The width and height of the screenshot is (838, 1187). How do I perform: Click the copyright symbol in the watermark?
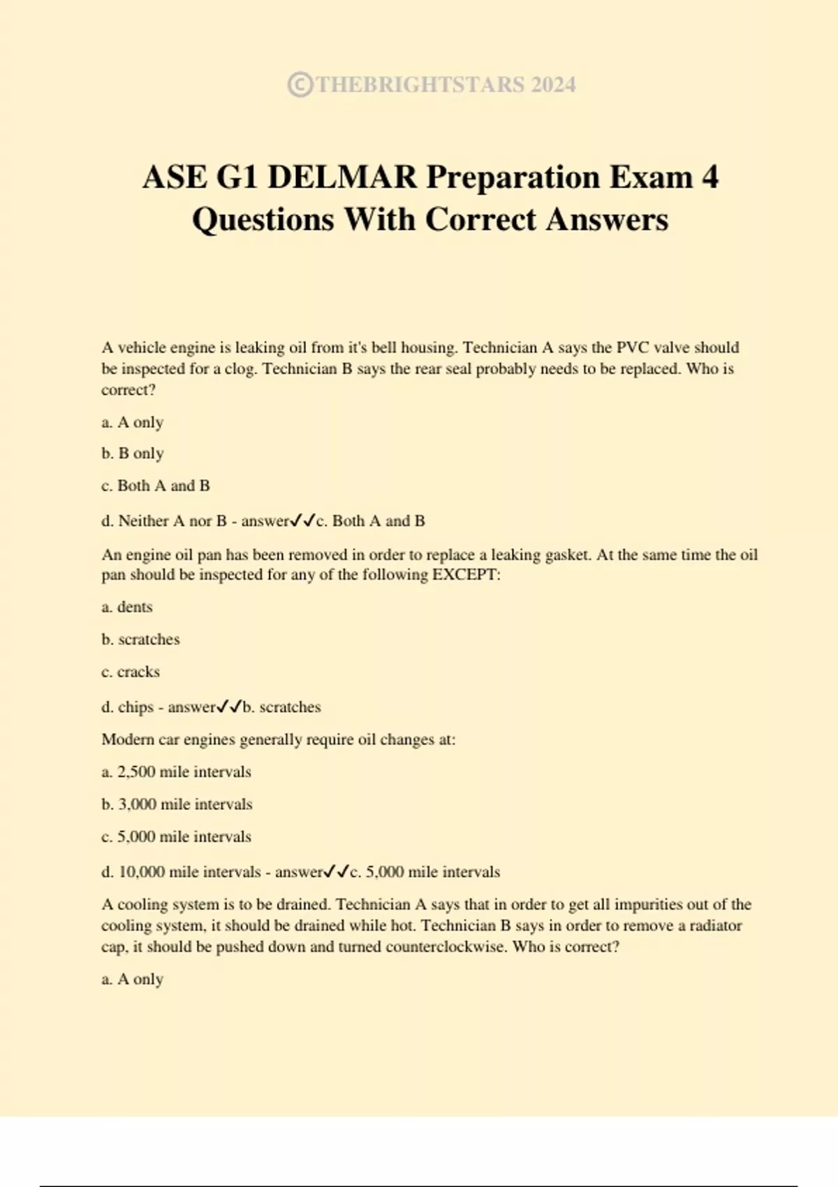pos(300,84)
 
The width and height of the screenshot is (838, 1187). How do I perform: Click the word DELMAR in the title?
pos(342,177)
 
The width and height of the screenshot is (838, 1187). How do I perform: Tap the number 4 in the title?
pos(710,177)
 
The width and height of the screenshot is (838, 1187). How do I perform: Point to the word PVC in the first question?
pos(632,348)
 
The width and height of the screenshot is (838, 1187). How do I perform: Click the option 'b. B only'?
pos(133,454)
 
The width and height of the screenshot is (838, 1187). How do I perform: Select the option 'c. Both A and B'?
pos(156,486)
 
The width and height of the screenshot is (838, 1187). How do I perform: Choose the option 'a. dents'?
pos(127,607)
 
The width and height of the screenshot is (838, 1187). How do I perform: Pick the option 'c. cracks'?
pos(131,672)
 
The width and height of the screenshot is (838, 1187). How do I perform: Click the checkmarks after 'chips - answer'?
pos(229,707)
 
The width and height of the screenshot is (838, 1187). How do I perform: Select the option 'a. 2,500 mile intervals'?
pos(176,772)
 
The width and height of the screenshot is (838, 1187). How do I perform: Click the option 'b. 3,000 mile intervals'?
pos(177,804)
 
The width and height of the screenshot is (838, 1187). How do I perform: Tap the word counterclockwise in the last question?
pos(446,948)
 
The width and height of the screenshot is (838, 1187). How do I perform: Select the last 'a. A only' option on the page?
pos(133,980)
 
